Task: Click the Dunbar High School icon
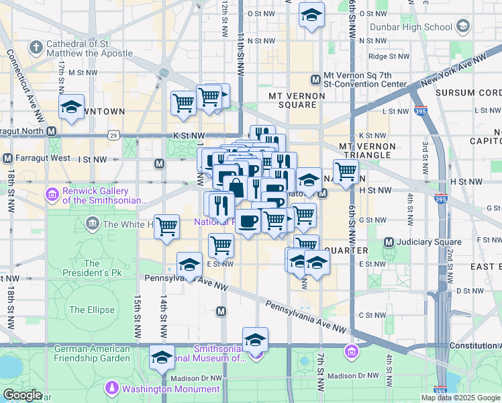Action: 462,27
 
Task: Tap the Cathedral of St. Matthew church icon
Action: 36,48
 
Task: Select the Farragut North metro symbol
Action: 51,130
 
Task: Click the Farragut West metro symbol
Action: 7,159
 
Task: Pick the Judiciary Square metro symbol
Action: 389,242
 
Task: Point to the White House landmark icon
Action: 92,224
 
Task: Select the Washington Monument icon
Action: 112,388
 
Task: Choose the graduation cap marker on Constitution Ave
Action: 255,339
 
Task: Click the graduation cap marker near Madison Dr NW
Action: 162,357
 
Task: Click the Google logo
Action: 23,395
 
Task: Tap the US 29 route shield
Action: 113,136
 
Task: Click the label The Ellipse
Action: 87,310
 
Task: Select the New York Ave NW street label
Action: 453,70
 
